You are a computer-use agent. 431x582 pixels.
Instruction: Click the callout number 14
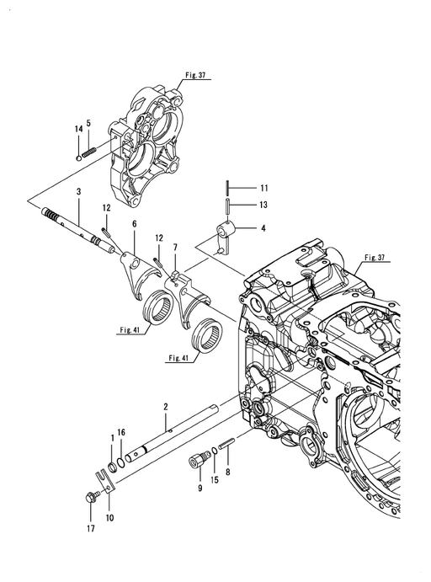(78, 129)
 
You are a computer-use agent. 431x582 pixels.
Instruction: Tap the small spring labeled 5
(89, 152)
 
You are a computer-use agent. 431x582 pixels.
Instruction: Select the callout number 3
(78, 192)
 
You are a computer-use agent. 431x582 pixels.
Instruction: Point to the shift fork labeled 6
(141, 275)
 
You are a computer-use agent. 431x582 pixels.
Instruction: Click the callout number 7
(175, 247)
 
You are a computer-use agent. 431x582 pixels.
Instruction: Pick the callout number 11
(263, 188)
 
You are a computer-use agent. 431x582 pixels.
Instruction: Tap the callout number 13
(263, 205)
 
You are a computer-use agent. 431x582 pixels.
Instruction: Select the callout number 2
(166, 407)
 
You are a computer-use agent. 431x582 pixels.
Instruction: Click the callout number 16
(121, 432)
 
